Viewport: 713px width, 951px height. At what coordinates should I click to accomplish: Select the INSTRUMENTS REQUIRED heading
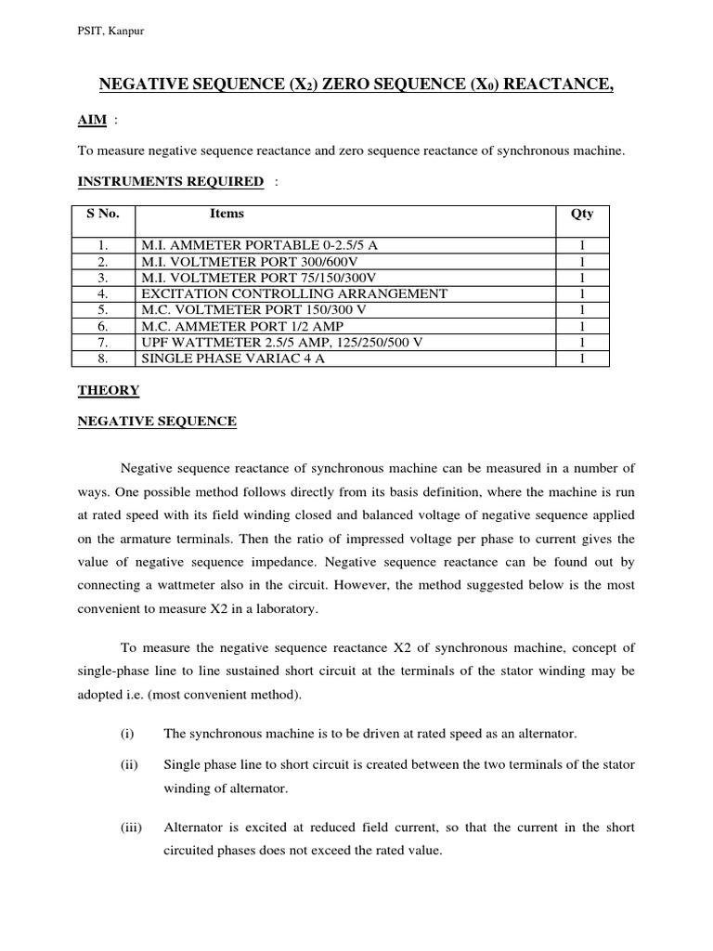coord(170,181)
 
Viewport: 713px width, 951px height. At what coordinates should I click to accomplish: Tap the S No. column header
coord(103,214)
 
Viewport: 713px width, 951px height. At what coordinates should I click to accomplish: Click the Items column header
coord(227,214)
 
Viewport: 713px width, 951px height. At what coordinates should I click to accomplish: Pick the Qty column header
coord(582,214)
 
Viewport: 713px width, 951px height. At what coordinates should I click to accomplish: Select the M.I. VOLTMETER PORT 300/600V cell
coord(245,262)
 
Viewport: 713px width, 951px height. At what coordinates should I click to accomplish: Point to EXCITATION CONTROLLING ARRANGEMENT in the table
coord(293,293)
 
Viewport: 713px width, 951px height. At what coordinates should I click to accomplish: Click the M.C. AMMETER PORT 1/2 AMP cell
coord(238,326)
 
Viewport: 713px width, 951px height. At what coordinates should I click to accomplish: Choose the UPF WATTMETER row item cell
coord(281,342)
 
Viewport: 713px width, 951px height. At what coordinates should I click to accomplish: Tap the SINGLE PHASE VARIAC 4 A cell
coord(232,358)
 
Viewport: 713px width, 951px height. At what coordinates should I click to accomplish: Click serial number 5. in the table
coord(103,310)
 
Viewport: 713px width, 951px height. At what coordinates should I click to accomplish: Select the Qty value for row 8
coord(582,358)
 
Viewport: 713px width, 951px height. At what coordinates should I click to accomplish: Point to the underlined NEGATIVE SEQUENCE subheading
coord(155,422)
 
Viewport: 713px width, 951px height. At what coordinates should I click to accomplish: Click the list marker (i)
coord(127,734)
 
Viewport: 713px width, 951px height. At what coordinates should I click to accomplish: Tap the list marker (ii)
coord(128,764)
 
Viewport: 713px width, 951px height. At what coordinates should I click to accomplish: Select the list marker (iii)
coord(130,827)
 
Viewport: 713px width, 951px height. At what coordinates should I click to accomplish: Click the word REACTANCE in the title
coord(554,86)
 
